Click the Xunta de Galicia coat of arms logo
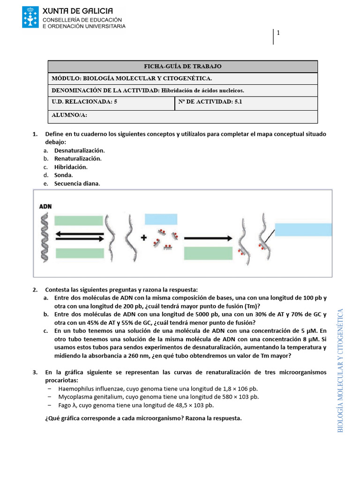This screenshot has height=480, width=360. pyautogui.click(x=30, y=17)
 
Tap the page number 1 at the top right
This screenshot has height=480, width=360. pyautogui.click(x=278, y=33)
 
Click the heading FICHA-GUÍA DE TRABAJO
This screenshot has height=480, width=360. pyautogui.click(x=183, y=67)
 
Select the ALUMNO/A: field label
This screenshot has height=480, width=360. pyautogui.click(x=69, y=115)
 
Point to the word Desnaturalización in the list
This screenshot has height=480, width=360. pyautogui.click(x=79, y=150)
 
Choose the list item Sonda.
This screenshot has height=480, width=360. pyautogui.click(x=63, y=175)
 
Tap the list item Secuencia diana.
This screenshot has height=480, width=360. pyautogui.click(x=77, y=183)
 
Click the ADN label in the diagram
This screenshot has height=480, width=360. pyautogui.click(x=45, y=206)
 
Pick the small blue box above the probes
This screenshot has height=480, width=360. pyautogui.click(x=161, y=219)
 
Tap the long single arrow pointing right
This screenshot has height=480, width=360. pyautogui.click(x=208, y=238)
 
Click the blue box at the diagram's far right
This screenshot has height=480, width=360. pyautogui.click(x=303, y=229)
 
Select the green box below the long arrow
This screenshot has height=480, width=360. pyautogui.click(x=208, y=253)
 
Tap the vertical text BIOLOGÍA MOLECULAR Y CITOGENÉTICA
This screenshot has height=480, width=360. pyautogui.click(x=341, y=370)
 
